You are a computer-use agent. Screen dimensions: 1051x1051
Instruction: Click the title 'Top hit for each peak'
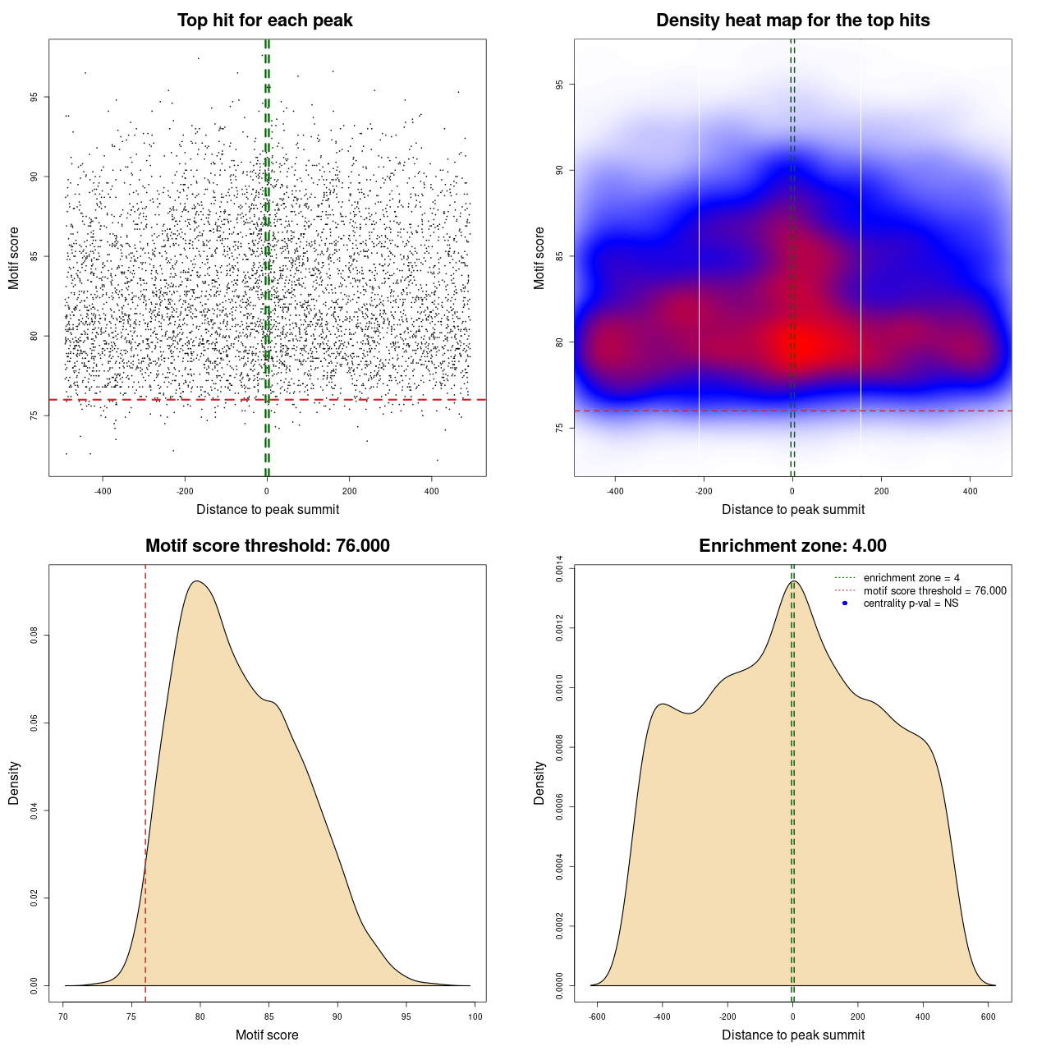tap(264, 21)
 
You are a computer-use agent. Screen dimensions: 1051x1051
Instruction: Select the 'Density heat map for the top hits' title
tap(792, 21)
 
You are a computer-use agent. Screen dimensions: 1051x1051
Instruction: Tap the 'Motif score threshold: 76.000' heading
tap(267, 546)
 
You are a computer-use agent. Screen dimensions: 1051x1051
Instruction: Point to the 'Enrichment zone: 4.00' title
tap(792, 546)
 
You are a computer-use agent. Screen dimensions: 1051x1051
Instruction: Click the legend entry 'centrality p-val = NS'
tap(911, 604)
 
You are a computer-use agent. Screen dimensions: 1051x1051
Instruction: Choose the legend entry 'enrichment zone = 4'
tap(911, 578)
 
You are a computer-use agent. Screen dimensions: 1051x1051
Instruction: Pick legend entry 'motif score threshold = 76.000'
tap(934, 591)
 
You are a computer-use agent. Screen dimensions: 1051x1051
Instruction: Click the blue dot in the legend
tap(845, 604)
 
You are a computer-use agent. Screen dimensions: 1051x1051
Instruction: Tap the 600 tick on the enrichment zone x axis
tap(989, 1017)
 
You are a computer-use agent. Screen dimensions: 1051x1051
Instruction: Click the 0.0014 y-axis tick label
tap(559, 569)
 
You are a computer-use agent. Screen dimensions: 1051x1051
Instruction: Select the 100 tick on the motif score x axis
tap(475, 1017)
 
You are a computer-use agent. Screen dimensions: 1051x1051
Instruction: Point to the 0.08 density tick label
tap(34, 636)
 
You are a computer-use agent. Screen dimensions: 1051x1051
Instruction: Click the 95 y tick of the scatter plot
tap(34, 97)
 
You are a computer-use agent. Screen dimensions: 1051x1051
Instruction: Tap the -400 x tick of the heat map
tap(615, 491)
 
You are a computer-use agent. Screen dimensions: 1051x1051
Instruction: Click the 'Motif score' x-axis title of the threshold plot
tap(267, 1035)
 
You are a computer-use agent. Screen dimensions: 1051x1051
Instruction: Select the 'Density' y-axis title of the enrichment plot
tap(539, 783)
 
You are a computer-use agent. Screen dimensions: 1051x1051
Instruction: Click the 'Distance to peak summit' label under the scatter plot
tap(268, 509)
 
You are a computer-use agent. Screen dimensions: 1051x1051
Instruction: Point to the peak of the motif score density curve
tap(196, 581)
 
